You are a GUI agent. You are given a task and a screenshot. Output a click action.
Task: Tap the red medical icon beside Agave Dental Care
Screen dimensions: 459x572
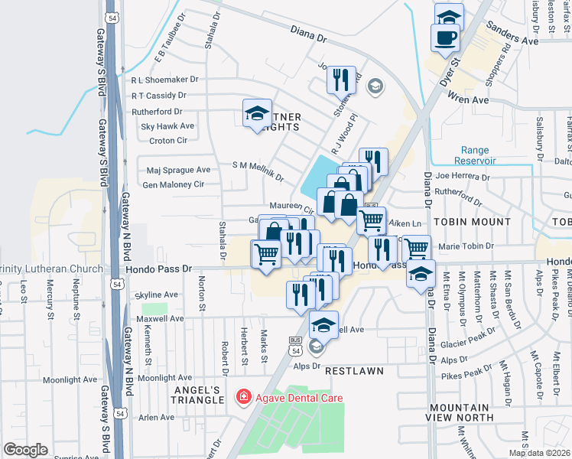click(x=243, y=398)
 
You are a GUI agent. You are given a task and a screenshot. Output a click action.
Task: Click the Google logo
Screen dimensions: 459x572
click(x=26, y=449)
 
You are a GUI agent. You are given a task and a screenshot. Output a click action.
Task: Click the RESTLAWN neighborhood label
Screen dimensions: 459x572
click(x=353, y=370)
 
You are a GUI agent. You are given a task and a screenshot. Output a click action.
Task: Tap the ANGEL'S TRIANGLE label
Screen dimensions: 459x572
click(x=196, y=395)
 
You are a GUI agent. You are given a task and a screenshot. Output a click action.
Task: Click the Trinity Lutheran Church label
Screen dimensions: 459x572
click(x=50, y=269)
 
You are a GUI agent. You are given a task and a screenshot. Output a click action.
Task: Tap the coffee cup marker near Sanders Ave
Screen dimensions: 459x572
click(x=445, y=37)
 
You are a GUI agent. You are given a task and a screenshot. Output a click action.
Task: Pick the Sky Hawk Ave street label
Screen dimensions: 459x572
click(x=167, y=126)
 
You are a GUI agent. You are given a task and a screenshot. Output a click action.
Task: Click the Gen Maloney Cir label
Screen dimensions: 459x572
click(x=173, y=184)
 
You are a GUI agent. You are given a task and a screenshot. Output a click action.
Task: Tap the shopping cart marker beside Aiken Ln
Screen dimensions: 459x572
click(x=372, y=220)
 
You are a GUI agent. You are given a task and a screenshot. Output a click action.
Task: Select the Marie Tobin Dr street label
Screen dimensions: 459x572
click(x=466, y=246)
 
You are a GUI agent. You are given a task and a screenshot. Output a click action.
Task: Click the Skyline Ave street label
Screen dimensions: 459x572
click(x=156, y=295)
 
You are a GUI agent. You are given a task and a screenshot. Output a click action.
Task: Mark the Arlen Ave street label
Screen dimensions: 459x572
click(x=156, y=418)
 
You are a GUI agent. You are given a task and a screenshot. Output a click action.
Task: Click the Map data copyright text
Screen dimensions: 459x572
click(x=540, y=453)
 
